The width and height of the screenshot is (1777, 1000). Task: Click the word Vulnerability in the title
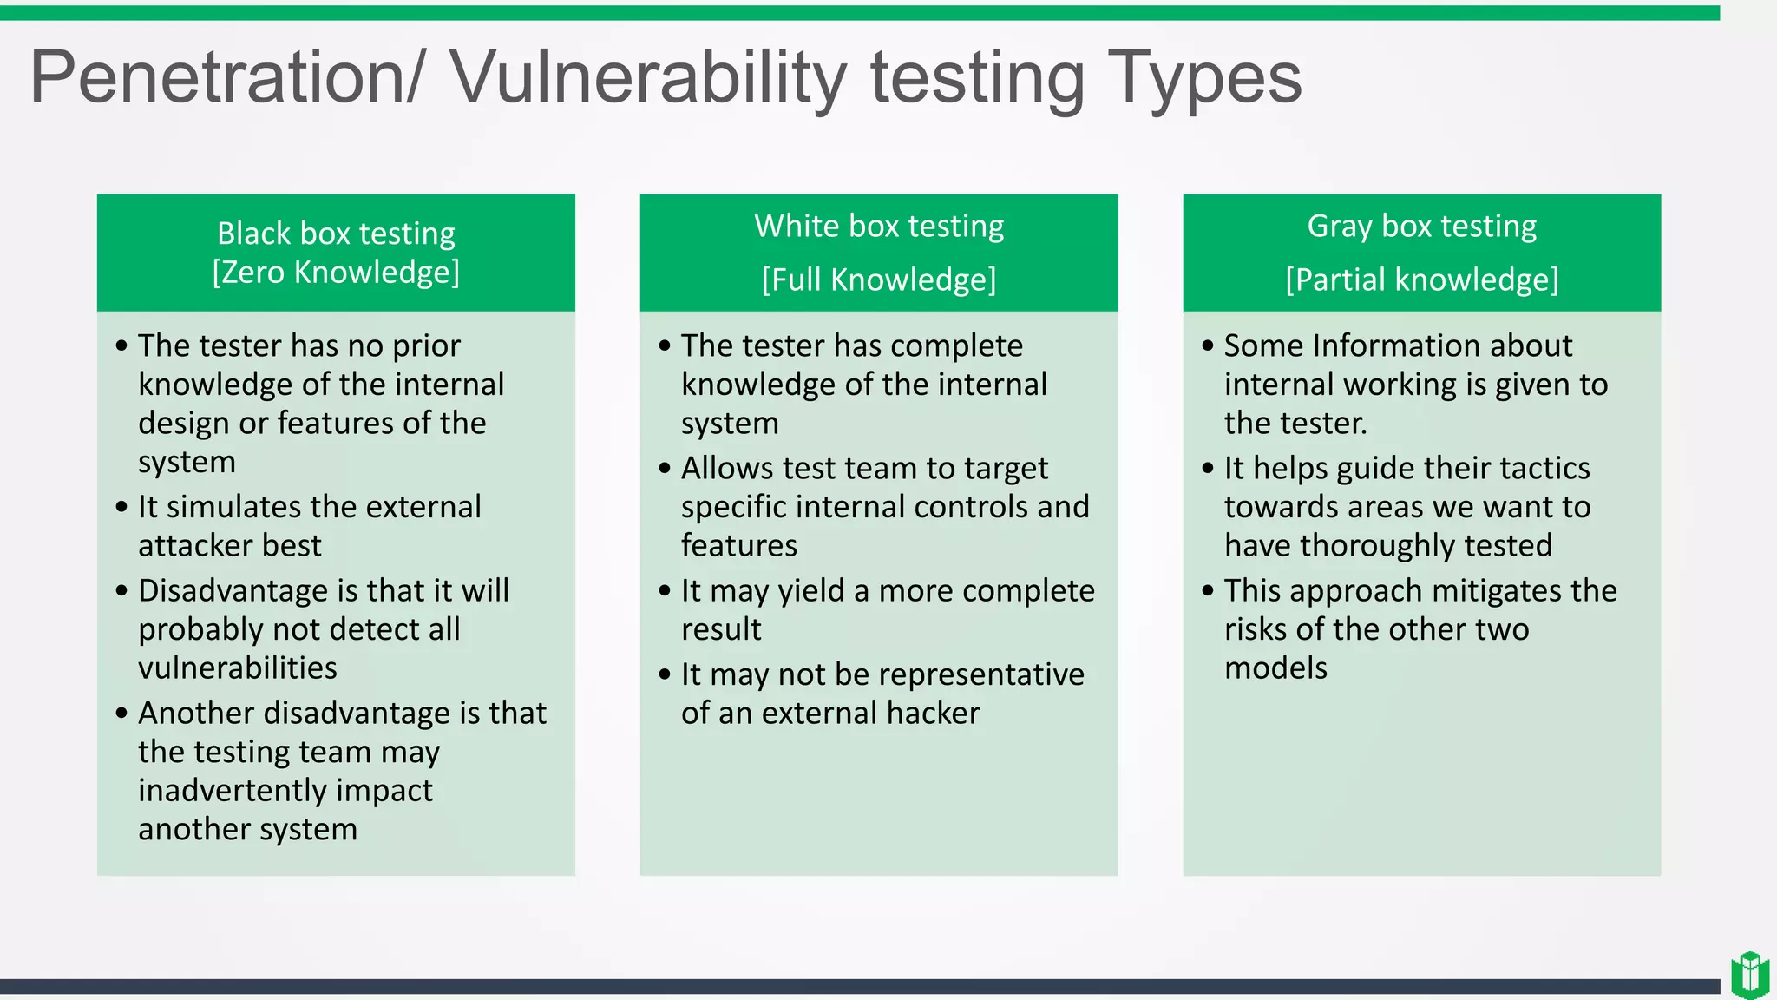point(647,78)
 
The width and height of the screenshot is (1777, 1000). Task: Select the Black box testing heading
point(336,234)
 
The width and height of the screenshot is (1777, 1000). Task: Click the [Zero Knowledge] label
point(336,273)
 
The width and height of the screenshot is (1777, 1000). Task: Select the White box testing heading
point(879,226)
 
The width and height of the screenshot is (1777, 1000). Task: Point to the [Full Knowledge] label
point(879,280)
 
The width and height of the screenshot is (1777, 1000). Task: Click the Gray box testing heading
point(1421,226)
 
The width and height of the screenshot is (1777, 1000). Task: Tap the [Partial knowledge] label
point(1421,280)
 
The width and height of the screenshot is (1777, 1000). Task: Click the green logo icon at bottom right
point(1749,975)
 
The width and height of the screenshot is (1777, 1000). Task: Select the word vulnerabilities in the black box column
point(237,668)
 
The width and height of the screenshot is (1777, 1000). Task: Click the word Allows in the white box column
point(727,468)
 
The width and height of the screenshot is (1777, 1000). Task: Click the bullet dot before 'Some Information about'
point(1207,346)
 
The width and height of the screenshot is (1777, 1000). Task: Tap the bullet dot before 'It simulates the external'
point(121,507)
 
